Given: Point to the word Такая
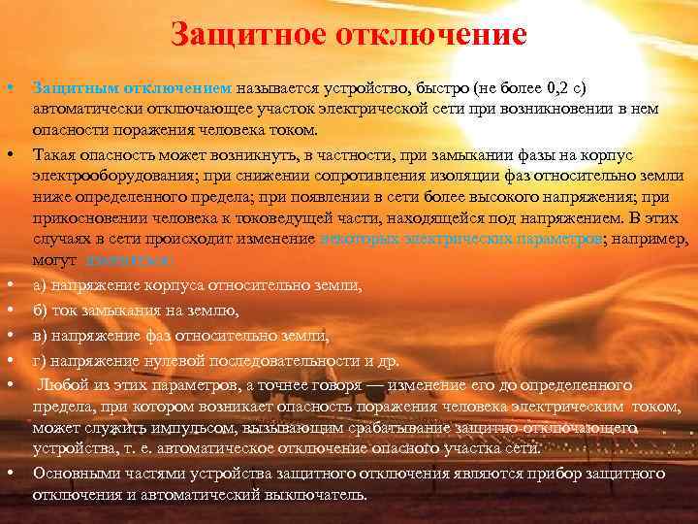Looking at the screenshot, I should click(x=54, y=153).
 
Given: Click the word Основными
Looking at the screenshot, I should click(x=77, y=473).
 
